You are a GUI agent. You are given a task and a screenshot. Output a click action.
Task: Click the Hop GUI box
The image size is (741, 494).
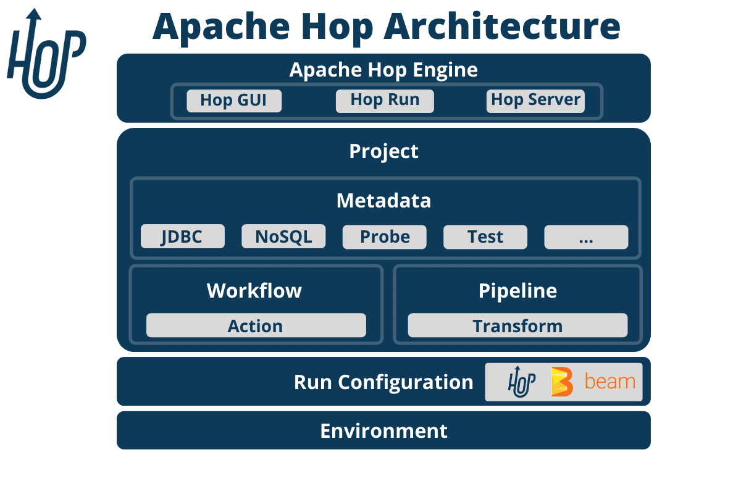(x=233, y=101)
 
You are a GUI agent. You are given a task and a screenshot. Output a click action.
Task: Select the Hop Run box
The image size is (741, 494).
(x=385, y=101)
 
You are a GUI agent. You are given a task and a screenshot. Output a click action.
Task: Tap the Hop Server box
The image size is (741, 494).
(x=535, y=101)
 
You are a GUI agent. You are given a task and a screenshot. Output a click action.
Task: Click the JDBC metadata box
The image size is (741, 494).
(x=182, y=237)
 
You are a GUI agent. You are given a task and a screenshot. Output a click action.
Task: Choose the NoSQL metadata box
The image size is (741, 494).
(x=283, y=237)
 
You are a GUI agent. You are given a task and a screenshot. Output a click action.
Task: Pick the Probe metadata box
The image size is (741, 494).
(x=385, y=237)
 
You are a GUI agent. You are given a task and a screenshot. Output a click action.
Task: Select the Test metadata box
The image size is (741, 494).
(x=485, y=237)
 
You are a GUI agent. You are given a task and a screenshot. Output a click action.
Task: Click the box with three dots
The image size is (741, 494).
(x=586, y=237)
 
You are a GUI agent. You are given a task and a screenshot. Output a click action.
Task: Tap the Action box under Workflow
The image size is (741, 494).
(x=256, y=325)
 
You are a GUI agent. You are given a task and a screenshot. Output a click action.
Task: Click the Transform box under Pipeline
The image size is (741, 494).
(x=517, y=325)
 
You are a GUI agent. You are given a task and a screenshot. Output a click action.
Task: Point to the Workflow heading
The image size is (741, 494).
(x=254, y=291)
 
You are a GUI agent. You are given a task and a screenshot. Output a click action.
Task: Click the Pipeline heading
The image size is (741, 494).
(x=517, y=291)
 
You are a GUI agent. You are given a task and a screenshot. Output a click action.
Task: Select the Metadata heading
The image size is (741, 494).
(x=383, y=201)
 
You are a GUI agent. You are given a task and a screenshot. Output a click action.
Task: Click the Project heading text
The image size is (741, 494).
(x=383, y=151)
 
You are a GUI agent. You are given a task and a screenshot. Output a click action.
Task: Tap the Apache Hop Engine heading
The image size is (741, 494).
(x=383, y=70)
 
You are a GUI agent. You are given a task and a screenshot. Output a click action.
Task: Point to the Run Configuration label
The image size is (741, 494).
(x=383, y=382)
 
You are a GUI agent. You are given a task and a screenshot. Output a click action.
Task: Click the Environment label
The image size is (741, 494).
(x=383, y=430)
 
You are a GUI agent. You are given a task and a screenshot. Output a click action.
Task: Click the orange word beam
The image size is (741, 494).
(x=609, y=382)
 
